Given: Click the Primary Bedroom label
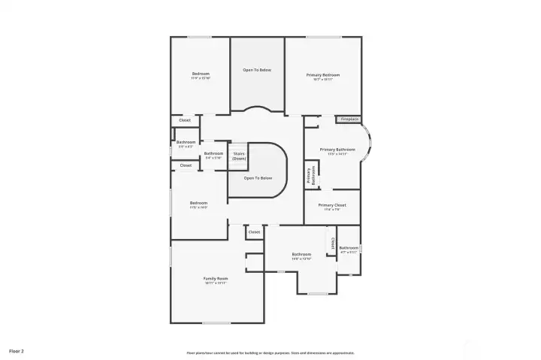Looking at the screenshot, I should tap(323, 74).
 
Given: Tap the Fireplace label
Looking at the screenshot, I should tap(349, 119).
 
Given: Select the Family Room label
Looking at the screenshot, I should tap(216, 278).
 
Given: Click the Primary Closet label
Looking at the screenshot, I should tap(331, 205).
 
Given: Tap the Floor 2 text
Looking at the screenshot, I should tap(17, 350).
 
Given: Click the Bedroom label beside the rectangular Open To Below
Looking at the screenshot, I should tap(201, 74).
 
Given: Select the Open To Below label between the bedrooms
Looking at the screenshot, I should tap(256, 70).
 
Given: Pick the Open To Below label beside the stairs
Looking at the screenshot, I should tap(258, 178).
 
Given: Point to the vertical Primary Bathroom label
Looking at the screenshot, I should tap(310, 176).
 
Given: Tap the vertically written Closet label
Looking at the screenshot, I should tap(332, 244).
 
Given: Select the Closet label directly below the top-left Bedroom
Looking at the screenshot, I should tap(185, 120).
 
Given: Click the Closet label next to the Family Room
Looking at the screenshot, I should tap(254, 232).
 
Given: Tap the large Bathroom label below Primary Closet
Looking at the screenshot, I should tap(301, 255).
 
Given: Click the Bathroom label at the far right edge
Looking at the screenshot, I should tap(349, 248).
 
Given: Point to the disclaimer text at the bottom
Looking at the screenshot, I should tap(270, 352).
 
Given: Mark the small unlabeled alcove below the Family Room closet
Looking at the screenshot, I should tap(255, 262).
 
